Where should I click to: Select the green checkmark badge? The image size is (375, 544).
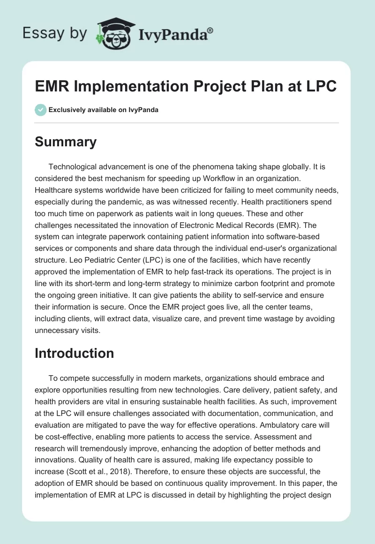(x=40, y=110)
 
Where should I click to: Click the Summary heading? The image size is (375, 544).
(x=66, y=142)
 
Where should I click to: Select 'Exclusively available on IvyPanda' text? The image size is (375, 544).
(x=104, y=110)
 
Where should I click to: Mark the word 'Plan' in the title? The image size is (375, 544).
(x=264, y=87)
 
